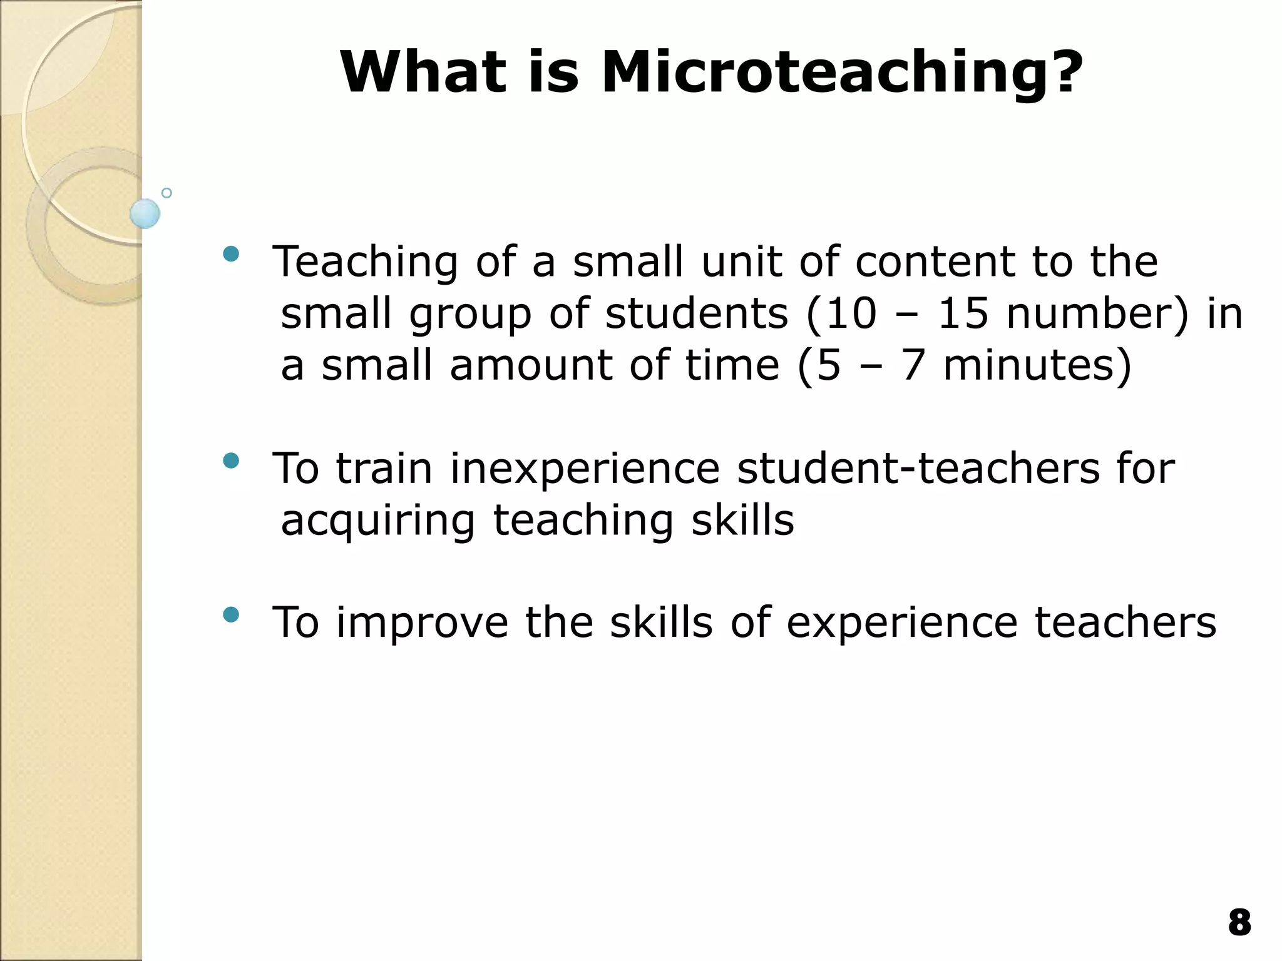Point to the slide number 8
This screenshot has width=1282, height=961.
1239,923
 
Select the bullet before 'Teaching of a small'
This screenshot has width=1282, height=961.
231,254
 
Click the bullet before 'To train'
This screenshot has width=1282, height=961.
231,461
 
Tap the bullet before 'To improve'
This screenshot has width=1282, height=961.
231,615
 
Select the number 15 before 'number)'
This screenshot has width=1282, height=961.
963,313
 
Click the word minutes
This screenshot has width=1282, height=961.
1037,365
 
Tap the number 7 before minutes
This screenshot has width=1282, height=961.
912,365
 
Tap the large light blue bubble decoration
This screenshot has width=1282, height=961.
145,213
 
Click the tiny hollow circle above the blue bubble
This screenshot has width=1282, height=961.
167,193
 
